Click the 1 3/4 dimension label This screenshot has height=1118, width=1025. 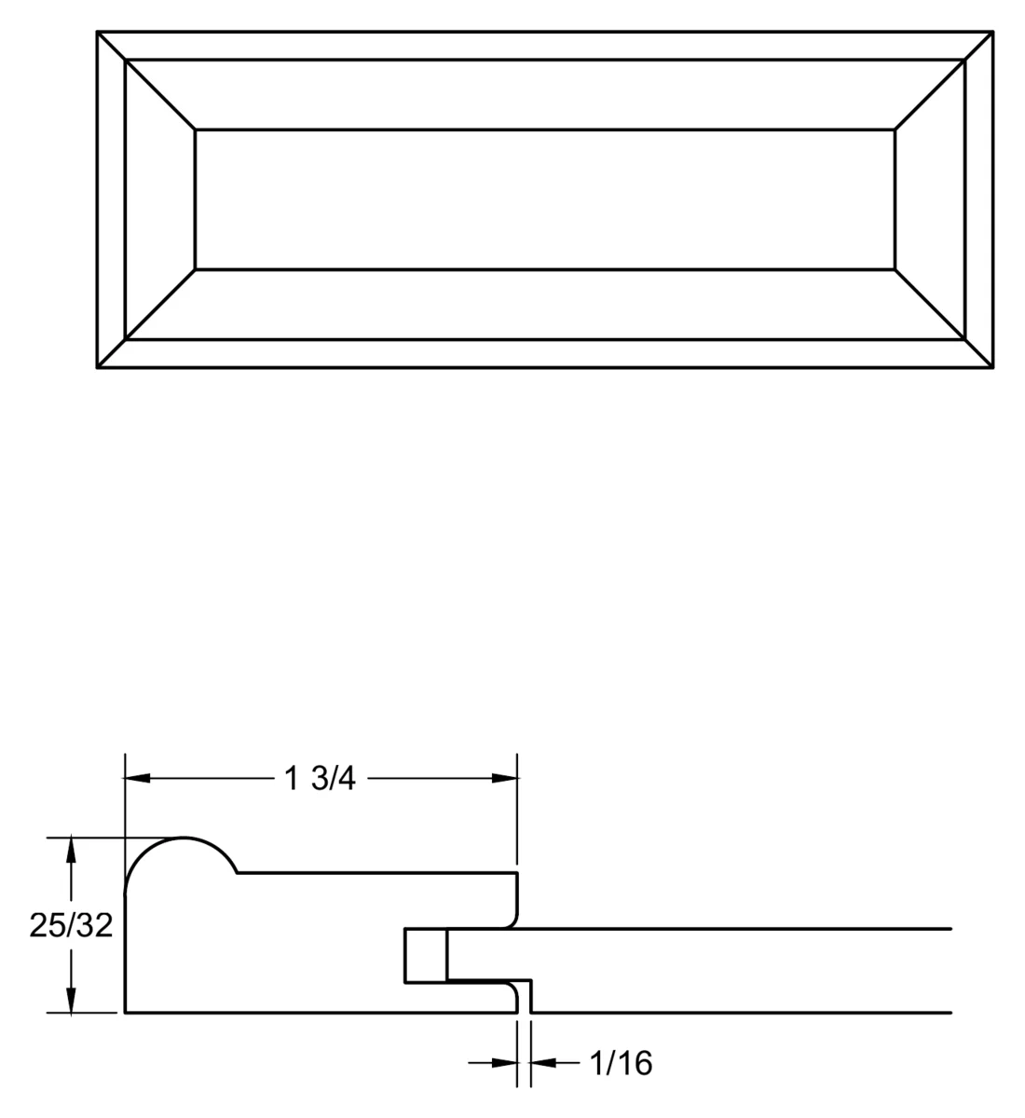(x=320, y=778)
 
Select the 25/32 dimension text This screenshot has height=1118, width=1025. (x=71, y=925)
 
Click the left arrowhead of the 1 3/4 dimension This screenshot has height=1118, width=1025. (x=137, y=778)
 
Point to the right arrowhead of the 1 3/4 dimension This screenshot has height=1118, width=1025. (x=505, y=778)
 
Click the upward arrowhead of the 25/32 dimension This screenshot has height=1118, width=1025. (x=71, y=851)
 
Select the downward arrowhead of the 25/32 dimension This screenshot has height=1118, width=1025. (x=71, y=1000)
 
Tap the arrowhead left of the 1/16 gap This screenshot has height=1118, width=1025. (x=504, y=1063)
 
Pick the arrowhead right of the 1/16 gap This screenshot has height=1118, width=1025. (x=543, y=1063)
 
